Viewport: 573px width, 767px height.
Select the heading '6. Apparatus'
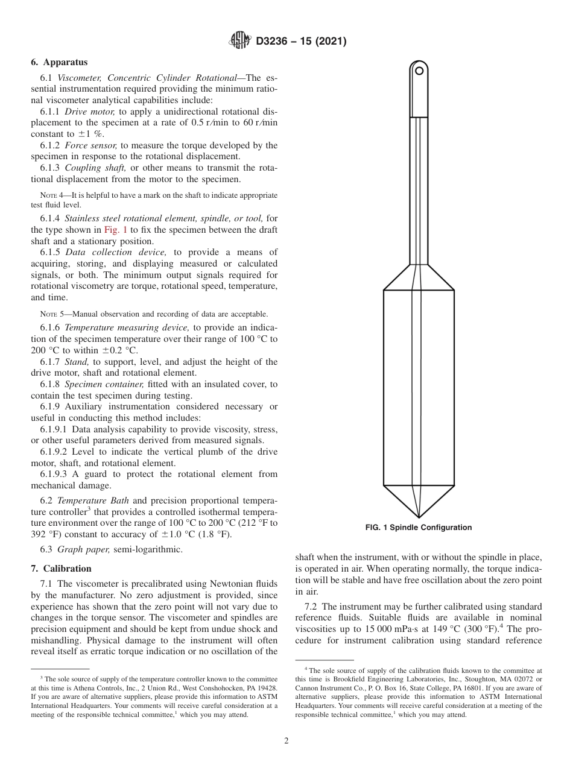coord(59,62)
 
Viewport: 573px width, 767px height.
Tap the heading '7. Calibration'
coord(61,569)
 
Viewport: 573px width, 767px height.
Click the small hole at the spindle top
coord(419,71)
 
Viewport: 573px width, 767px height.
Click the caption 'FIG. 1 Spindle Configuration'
coord(419,528)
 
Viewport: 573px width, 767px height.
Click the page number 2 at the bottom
coord(286,741)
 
